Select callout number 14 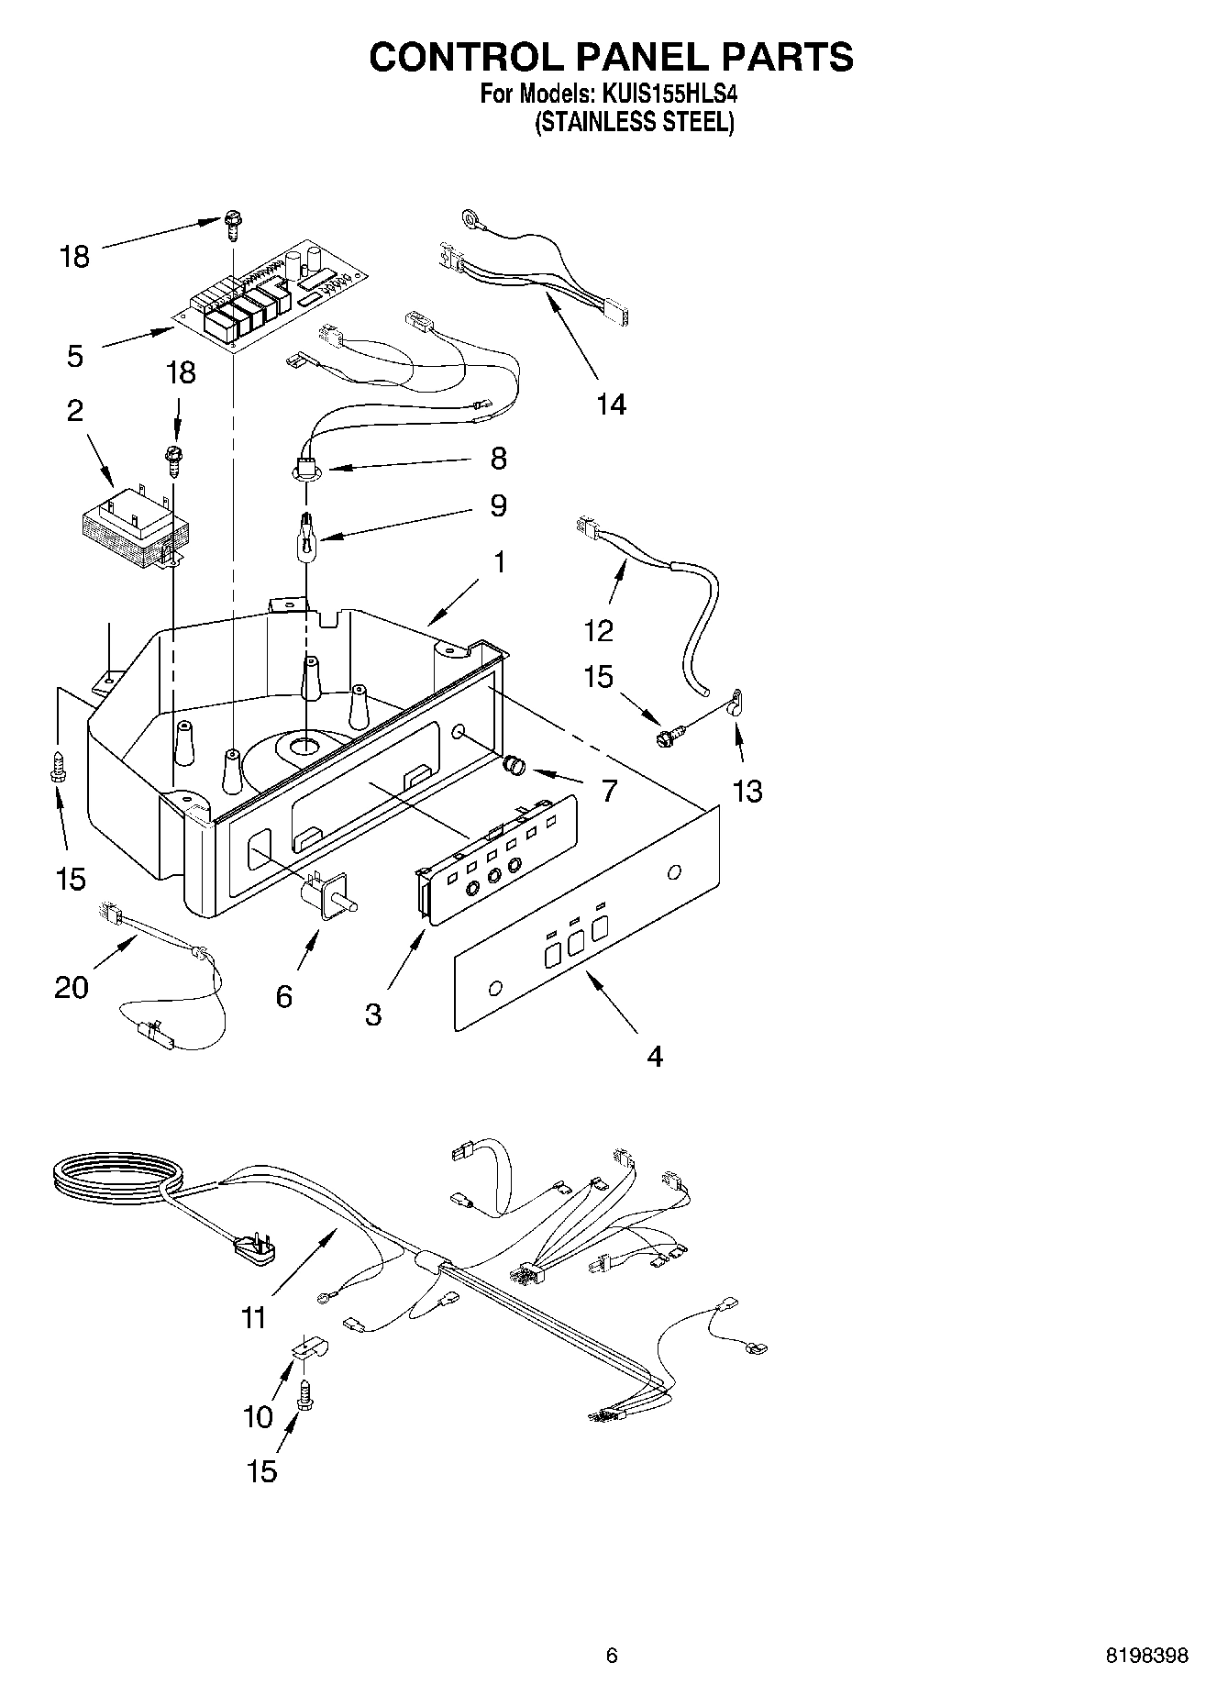coord(611,404)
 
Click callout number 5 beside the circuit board coord(75,356)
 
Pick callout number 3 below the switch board coord(373,1014)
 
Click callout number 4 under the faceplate coord(654,1057)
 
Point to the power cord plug coord(251,1250)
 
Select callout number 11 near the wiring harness coord(253,1318)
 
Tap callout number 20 coord(72,987)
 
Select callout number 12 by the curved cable coord(598,631)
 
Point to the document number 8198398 coord(1146,1655)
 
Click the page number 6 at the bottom coord(612,1655)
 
